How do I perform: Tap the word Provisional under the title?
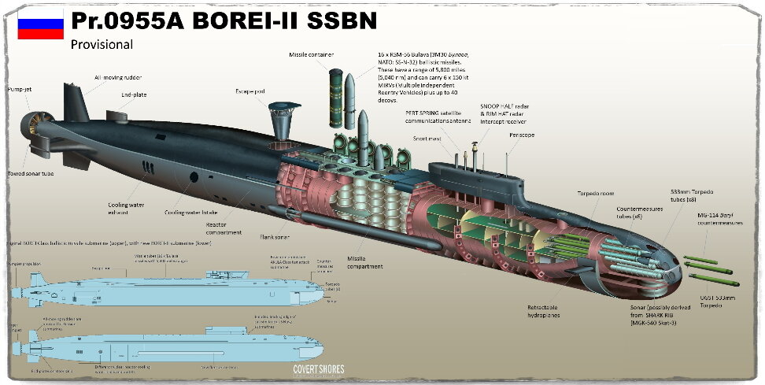102,44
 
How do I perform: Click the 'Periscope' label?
522,135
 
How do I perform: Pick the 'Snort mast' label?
428,138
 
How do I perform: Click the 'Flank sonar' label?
276,235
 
